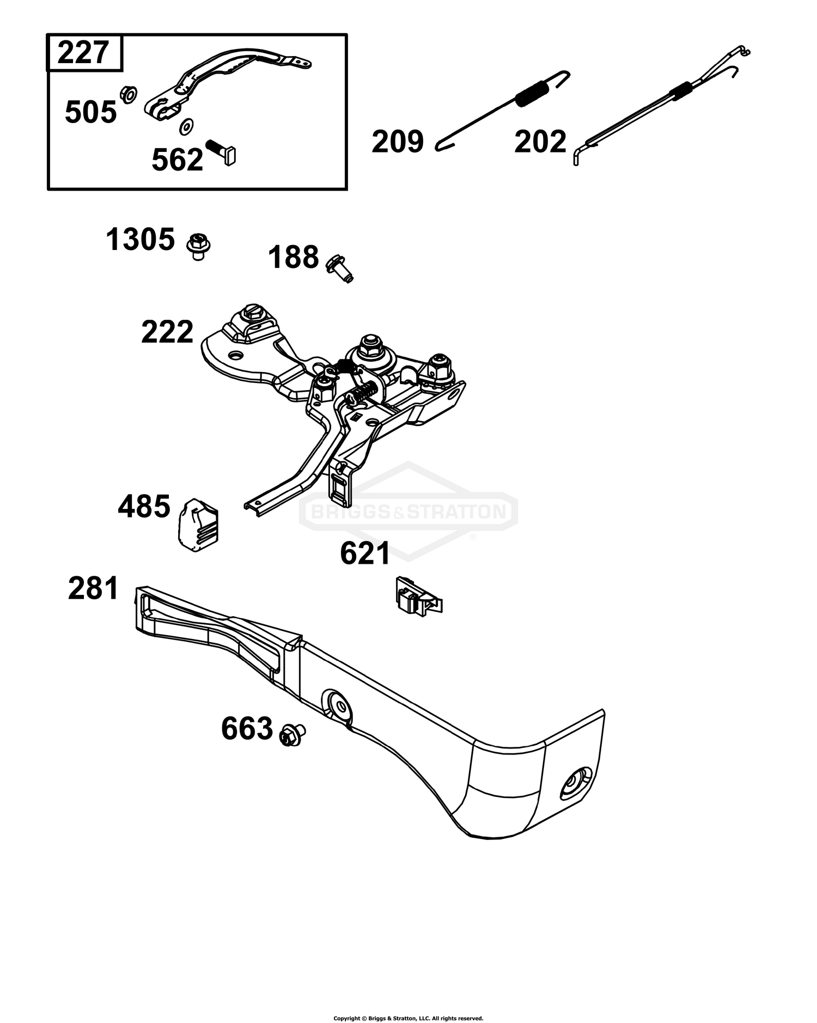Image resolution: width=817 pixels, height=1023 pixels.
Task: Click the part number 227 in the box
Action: click(83, 53)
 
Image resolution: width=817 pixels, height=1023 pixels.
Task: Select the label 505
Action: click(91, 113)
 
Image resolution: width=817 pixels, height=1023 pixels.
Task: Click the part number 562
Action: click(178, 160)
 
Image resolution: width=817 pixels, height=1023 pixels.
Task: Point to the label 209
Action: click(398, 142)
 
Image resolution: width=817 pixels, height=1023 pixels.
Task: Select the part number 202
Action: click(540, 142)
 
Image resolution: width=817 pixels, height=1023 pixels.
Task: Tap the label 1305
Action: click(141, 240)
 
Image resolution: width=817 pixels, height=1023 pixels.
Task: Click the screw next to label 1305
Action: click(199, 246)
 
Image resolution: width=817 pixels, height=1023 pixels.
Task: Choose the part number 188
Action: click(293, 257)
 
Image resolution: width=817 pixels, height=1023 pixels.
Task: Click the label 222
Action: click(167, 332)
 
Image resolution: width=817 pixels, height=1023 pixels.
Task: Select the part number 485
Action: click(144, 506)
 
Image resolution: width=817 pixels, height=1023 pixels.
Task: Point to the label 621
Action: click(365, 553)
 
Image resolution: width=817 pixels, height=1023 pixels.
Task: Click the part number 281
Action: click(93, 589)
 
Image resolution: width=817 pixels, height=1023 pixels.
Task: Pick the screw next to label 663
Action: click(292, 735)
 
